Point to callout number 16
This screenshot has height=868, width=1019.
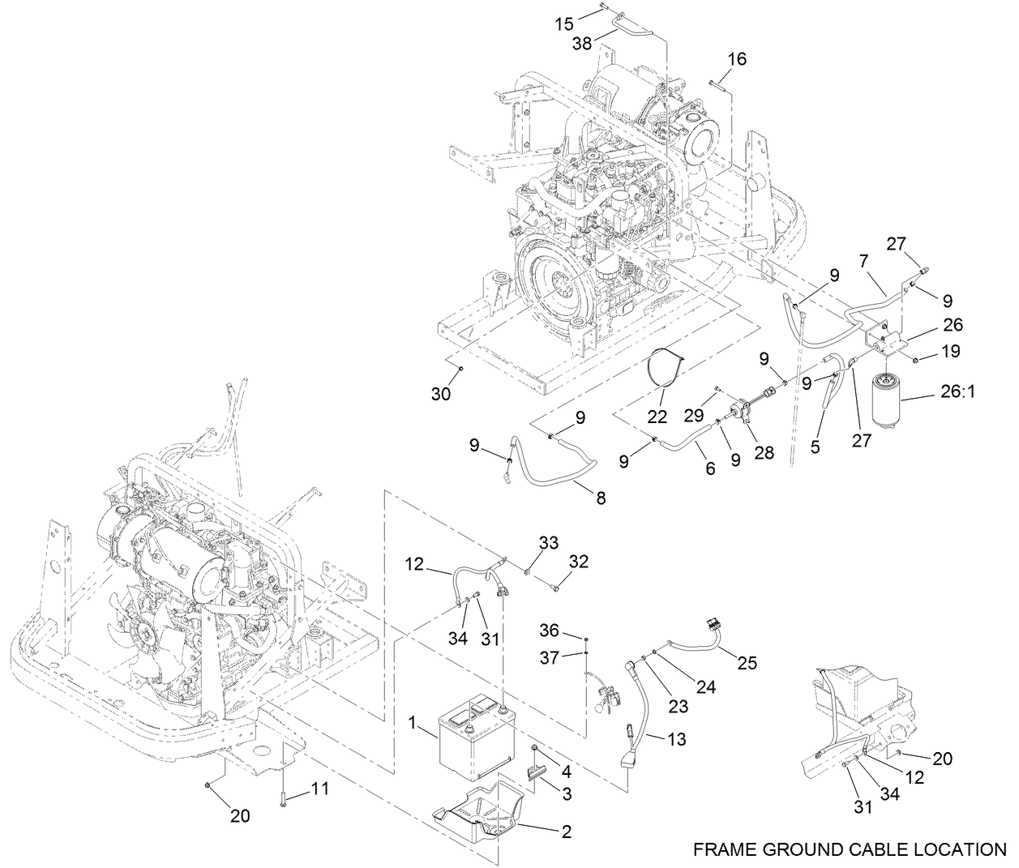point(736,59)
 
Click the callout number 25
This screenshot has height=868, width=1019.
point(747,663)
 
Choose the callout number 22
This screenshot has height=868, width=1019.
point(657,417)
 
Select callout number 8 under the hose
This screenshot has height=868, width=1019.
point(601,498)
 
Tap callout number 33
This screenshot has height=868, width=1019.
point(549,543)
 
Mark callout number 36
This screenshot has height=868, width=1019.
point(550,629)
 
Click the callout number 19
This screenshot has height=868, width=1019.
point(949,351)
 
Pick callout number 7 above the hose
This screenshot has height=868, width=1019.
point(864,263)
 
